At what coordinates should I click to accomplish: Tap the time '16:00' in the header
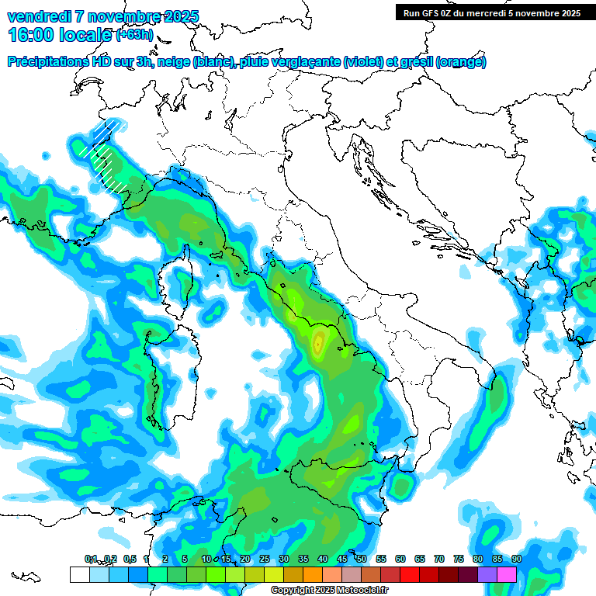[30, 34]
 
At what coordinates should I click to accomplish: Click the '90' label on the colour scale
[516, 559]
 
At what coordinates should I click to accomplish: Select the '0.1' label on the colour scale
[91, 559]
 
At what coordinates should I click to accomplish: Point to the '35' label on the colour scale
[303, 559]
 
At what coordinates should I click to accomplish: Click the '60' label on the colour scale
[400, 559]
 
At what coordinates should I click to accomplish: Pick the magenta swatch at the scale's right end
[507, 574]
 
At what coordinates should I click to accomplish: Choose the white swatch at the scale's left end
[79, 574]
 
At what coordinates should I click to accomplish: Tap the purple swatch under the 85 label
[487, 574]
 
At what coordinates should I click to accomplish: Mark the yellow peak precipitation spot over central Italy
[319, 341]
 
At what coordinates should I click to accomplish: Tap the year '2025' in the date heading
[180, 16]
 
